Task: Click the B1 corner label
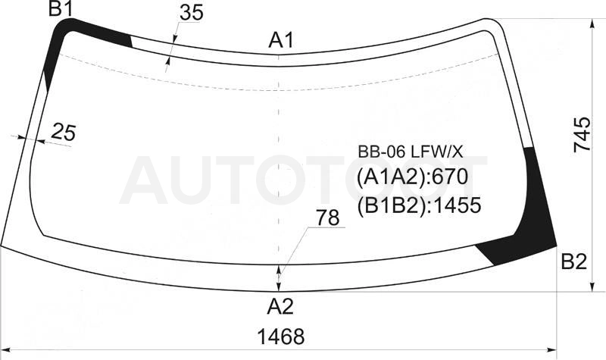61,9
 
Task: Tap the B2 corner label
574,261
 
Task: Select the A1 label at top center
281,40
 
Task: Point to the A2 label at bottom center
280,307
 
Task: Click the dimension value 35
192,13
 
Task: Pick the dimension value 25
64,132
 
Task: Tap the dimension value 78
328,218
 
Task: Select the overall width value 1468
281,337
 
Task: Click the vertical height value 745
582,134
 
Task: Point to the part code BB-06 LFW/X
410,152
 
